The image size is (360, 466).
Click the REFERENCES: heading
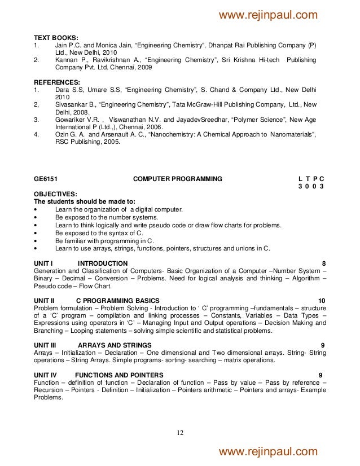tap(57, 81)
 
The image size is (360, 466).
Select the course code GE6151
tap(47, 179)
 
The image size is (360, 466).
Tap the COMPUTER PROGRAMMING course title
tap(177, 179)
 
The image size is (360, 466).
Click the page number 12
tap(180, 433)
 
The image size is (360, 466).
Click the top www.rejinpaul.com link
tap(268, 15)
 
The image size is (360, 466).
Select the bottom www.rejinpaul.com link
tap(268, 451)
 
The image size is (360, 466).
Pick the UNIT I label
tap(43, 263)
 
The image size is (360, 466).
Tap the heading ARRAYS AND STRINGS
tap(115, 345)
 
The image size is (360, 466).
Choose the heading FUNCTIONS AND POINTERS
tap(119, 375)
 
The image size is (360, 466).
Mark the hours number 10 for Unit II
tap(321, 300)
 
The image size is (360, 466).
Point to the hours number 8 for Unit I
tap(323, 263)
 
